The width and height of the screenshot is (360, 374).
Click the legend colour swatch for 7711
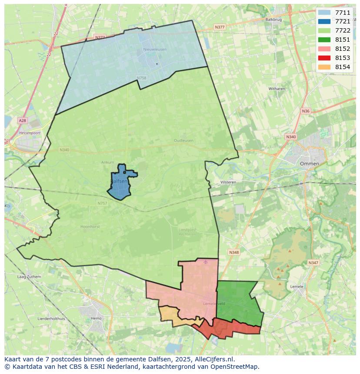[324, 13]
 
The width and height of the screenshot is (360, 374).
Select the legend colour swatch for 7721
[324, 21]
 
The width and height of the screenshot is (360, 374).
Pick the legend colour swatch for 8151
[324, 40]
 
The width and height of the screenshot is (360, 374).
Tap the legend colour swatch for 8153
[324, 58]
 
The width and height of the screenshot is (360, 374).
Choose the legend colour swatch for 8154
[324, 67]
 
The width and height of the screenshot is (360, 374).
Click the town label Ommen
[309, 164]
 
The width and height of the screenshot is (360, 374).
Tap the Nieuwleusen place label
[155, 50]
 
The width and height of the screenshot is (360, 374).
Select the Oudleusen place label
[183, 141]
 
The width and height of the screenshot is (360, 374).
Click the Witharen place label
[277, 89]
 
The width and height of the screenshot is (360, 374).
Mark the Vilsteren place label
[228, 182]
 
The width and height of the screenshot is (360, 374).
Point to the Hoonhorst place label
[90, 227]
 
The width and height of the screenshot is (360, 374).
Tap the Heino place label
[96, 318]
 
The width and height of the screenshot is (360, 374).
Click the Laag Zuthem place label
[29, 277]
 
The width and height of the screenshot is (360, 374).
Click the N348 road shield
[234, 252]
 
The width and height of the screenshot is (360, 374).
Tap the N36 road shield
[306, 111]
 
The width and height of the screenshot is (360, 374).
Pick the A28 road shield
[22, 120]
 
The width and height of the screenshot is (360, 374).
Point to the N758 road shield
[141, 78]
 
